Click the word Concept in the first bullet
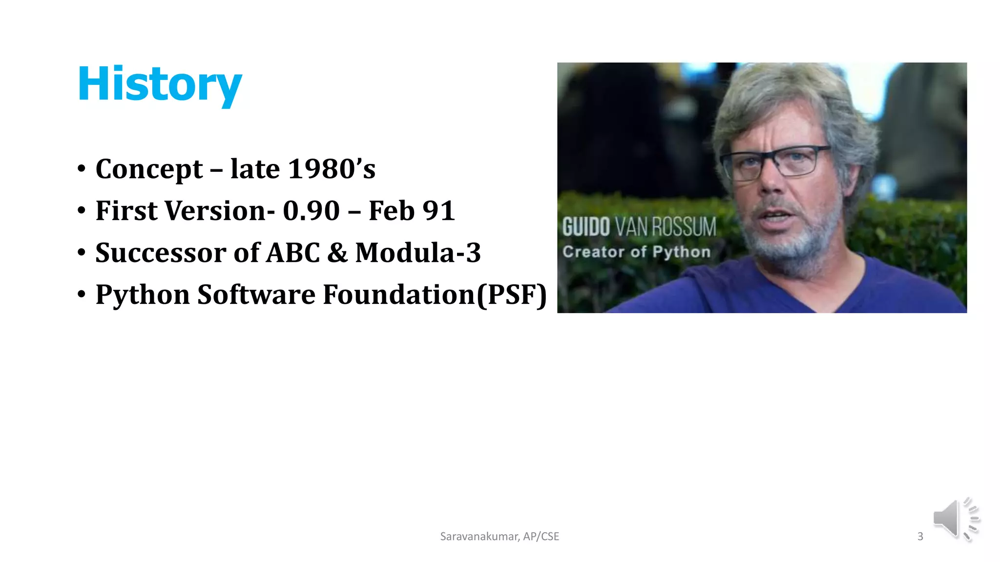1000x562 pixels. [149, 169]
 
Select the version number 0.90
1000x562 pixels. [311, 211]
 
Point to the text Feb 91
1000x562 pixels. [412, 211]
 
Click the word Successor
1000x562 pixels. [161, 253]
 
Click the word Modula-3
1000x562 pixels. [418, 253]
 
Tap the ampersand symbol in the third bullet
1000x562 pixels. [337, 253]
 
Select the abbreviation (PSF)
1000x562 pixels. [511, 295]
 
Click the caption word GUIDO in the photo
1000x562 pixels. [585, 227]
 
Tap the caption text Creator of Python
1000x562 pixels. [636, 252]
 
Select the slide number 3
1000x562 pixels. [920, 537]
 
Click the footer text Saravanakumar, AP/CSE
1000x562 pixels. [500, 537]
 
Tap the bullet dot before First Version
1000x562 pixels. [82, 211]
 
